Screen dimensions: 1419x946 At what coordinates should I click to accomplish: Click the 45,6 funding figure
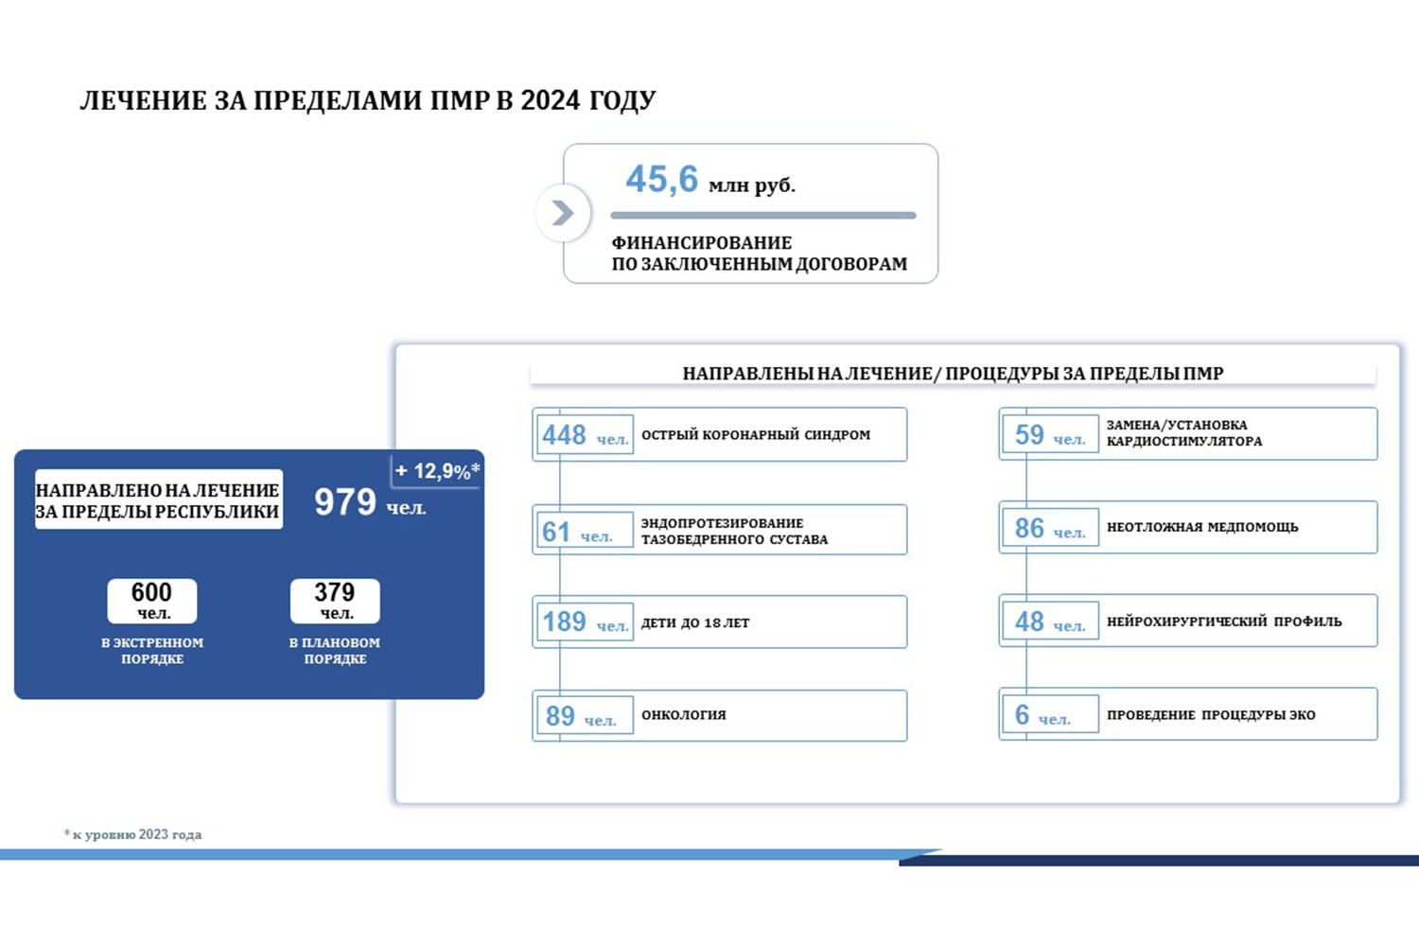(x=661, y=180)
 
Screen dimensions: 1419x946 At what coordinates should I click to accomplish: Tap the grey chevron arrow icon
(x=563, y=213)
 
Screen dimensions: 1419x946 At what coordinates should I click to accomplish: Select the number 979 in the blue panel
(x=345, y=501)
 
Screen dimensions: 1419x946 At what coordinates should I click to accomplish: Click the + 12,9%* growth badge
(x=437, y=471)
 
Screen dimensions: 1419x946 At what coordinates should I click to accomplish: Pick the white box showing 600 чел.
(x=152, y=601)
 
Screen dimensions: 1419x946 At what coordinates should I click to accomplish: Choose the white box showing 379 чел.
(x=335, y=601)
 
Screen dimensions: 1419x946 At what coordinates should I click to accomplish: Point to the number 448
(x=564, y=435)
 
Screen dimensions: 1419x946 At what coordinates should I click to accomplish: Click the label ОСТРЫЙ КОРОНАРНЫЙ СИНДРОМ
(x=756, y=434)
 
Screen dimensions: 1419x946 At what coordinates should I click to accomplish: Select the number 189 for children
(x=564, y=622)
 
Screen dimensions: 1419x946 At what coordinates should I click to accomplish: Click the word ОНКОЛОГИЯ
(x=684, y=715)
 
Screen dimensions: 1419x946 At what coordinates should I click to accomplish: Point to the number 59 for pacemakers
(x=1029, y=434)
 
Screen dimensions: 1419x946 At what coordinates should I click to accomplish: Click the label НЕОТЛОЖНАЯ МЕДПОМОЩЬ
(x=1202, y=527)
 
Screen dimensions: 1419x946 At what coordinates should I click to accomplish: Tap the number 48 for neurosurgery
(x=1029, y=622)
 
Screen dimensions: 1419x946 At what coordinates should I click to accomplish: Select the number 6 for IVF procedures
(x=1022, y=715)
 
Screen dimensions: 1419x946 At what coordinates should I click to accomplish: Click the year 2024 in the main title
(x=550, y=100)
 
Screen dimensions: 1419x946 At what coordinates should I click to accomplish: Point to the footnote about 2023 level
(x=133, y=834)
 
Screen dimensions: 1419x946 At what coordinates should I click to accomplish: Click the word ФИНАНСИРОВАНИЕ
(x=701, y=243)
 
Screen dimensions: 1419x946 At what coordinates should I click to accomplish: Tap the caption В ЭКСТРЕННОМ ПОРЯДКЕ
(x=152, y=651)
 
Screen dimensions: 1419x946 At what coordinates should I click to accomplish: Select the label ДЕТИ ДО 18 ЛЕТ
(x=695, y=622)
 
